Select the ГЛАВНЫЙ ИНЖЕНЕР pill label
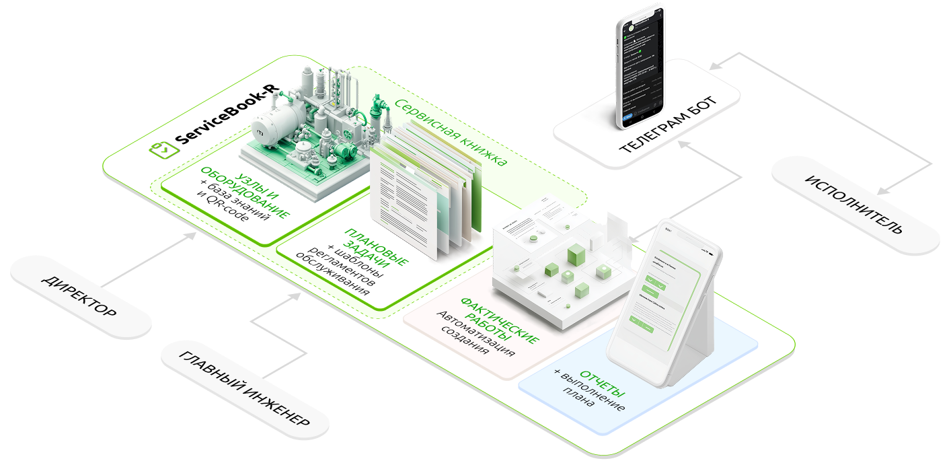pyautogui.click(x=244, y=387)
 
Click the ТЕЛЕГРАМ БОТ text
pyautogui.click(x=668, y=124)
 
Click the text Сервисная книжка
pyautogui.click(x=450, y=132)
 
